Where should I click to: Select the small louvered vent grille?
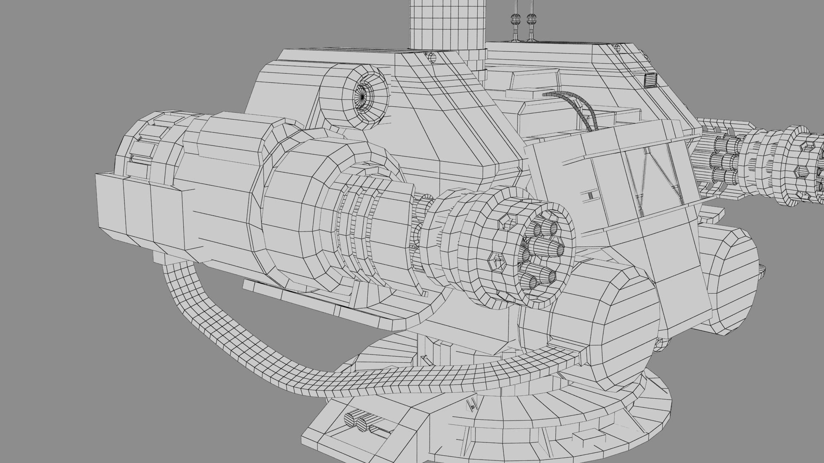click(x=652, y=80)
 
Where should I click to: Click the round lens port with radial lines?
click(x=363, y=98)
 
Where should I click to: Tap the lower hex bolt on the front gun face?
click(x=498, y=260)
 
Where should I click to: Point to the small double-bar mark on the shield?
click(x=591, y=195)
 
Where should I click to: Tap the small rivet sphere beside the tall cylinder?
click(x=430, y=57)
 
